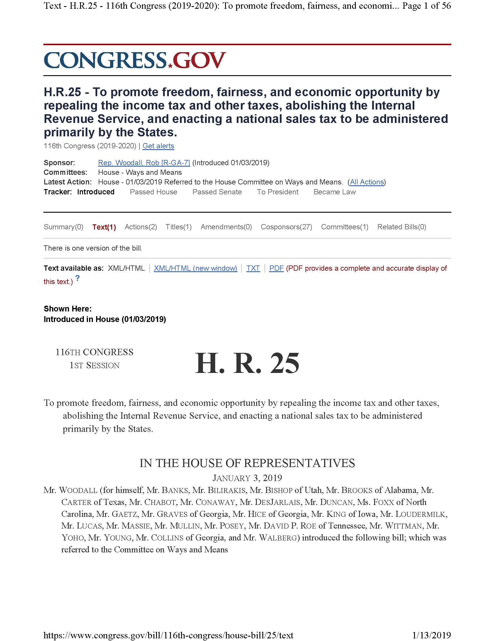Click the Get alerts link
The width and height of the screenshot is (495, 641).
158,146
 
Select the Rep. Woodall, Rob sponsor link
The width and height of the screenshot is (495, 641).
144,163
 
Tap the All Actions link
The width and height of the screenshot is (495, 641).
367,182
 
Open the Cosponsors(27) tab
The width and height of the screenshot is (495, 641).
286,227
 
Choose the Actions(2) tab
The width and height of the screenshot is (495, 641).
141,227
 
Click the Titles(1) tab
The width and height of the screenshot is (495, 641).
178,227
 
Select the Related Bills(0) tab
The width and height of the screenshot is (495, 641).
402,227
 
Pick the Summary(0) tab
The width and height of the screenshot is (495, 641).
63,227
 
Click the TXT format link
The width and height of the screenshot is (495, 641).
253,268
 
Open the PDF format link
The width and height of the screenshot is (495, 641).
276,268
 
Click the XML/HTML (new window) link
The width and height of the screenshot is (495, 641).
195,268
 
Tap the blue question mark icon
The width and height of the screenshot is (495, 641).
77,278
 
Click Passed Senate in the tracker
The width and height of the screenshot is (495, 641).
217,192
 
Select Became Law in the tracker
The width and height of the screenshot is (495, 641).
334,192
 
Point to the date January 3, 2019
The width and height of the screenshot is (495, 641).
247,478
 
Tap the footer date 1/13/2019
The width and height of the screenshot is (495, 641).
431,635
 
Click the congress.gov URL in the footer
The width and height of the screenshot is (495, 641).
168,635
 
